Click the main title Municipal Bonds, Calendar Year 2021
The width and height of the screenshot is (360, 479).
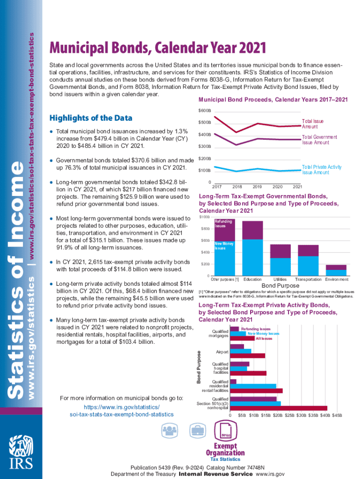[x=158, y=48]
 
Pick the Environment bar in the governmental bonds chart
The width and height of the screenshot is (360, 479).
[x=336, y=270]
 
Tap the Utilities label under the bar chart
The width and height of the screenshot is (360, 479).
[x=281, y=279]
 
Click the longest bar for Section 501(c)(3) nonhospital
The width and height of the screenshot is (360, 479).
[x=279, y=408]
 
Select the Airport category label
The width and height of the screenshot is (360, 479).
[x=222, y=351]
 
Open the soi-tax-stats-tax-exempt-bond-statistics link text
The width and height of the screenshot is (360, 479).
[x=121, y=414]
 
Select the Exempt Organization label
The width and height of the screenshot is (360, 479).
[x=225, y=450]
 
